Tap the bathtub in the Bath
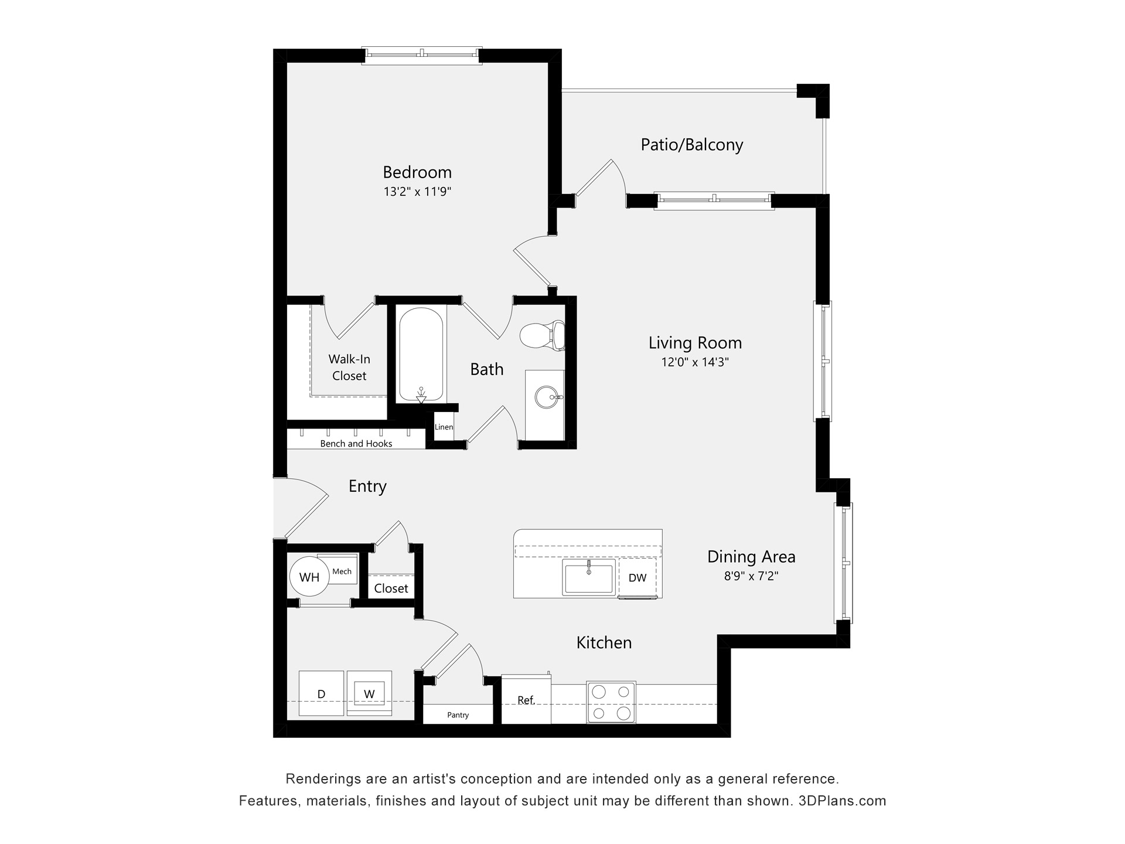421,355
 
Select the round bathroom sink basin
547,397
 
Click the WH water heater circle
309,577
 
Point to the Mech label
342,571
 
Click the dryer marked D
321,694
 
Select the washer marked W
369,694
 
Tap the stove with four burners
611,702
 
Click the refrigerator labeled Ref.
526,700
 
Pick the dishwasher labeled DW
637,578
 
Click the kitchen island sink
588,577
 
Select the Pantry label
458,715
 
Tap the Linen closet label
444,427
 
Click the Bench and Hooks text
356,444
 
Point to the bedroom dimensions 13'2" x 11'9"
417,192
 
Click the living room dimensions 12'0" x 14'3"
695,362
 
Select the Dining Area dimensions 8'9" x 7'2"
751,576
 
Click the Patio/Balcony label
691,145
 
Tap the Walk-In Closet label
349,367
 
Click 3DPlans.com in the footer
842,801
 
